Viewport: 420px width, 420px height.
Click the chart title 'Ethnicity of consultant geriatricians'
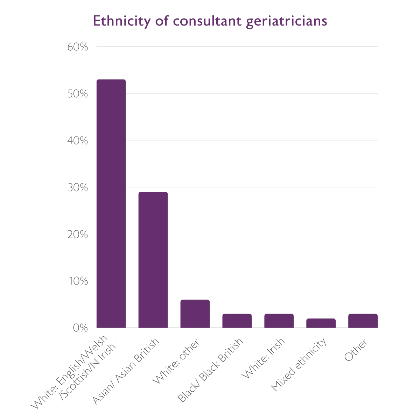[x=210, y=21]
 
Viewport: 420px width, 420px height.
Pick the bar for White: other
[x=195, y=314]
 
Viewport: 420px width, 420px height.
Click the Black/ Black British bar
[x=237, y=321]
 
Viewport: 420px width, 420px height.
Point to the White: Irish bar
[x=279, y=321]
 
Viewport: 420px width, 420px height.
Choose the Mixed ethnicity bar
[x=321, y=323]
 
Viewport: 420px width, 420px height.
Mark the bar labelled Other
[x=363, y=321]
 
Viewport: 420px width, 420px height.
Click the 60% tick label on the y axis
[x=77, y=47]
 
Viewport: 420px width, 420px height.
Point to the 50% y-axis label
[x=77, y=94]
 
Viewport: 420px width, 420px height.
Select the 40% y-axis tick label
[x=77, y=141]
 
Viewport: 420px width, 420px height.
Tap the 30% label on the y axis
[x=77, y=188]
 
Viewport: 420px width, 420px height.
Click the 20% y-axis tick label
[x=77, y=234]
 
